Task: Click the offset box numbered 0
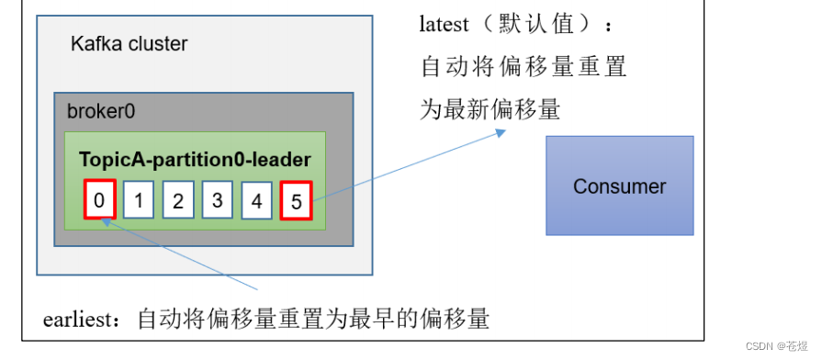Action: coord(99,200)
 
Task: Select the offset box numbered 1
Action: coord(139,201)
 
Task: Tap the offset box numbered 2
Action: coord(178,201)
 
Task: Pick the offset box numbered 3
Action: coord(218,200)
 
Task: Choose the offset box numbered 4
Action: coord(257,201)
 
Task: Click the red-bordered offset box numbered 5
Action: coord(297,201)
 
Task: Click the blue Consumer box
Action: coord(619,186)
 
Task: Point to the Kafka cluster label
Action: coord(129,43)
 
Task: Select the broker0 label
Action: coord(101,111)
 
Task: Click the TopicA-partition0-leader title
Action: coord(195,160)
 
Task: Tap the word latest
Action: coord(445,25)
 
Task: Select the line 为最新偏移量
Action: coord(490,110)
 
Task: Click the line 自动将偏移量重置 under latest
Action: coord(524,67)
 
